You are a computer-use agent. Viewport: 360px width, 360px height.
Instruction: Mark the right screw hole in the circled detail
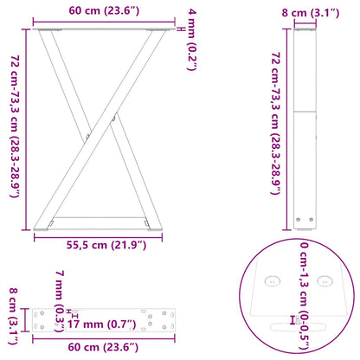(326, 280)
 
